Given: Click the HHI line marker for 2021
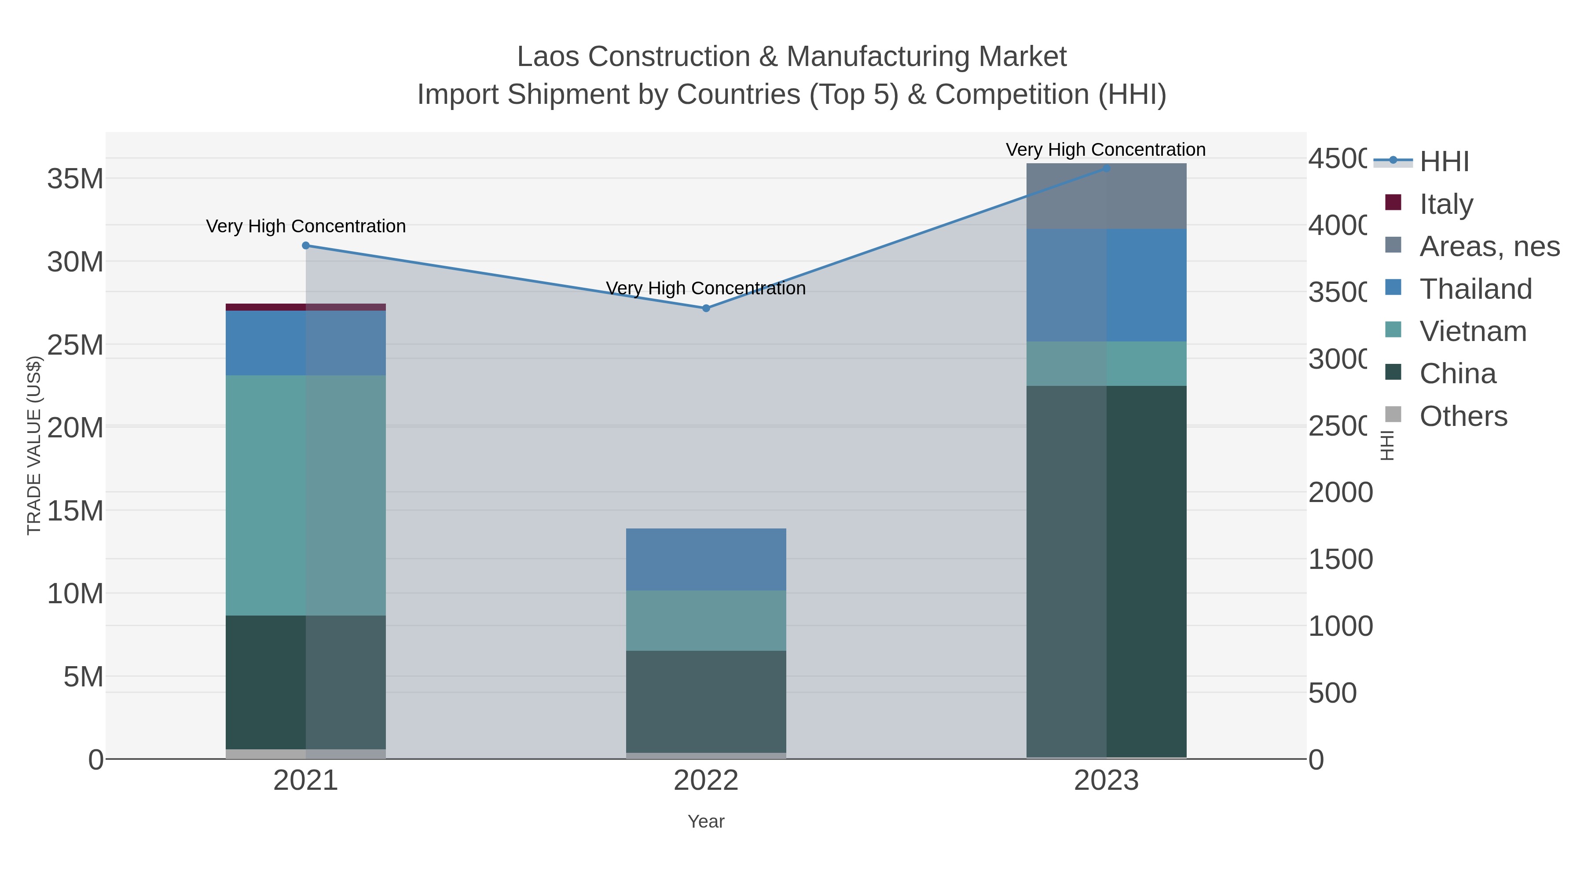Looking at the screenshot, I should point(306,246).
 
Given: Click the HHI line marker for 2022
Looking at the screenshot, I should point(706,308).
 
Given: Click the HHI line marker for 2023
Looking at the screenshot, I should point(1106,168).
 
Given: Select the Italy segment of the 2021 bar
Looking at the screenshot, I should point(306,307).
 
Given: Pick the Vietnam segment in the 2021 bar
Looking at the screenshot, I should point(306,495).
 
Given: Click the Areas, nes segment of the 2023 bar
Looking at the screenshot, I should point(1106,196).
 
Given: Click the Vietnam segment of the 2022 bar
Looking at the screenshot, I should point(706,620).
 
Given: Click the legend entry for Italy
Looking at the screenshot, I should point(1446,204).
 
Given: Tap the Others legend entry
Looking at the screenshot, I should point(1463,416).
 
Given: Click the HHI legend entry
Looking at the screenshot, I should point(1444,161).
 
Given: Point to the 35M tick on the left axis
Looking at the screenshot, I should point(75,179).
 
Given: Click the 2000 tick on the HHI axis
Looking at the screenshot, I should point(1340,492).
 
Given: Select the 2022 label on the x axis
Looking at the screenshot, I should point(706,780).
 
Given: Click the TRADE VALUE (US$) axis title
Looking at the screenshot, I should point(34,445).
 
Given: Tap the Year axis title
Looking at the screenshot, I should point(706,821).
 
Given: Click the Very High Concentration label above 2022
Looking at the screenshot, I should point(706,288).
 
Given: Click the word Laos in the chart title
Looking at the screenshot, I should point(549,57).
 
